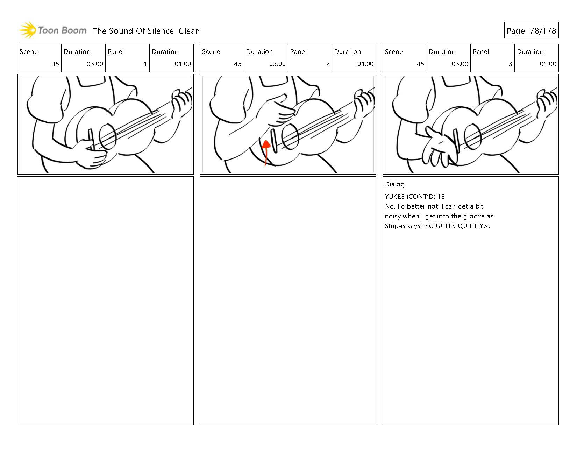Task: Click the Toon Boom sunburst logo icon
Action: pyautogui.click(x=28, y=30)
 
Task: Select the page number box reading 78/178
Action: pyautogui.click(x=531, y=30)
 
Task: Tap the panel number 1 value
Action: pyautogui.click(x=145, y=64)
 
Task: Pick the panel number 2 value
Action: pyautogui.click(x=328, y=64)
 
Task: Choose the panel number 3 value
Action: pyautogui.click(x=510, y=64)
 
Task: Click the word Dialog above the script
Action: pyautogui.click(x=394, y=184)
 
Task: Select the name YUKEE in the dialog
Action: pyautogui.click(x=395, y=197)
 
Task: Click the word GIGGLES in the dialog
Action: pyautogui.click(x=442, y=226)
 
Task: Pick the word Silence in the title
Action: pyautogui.click(x=160, y=31)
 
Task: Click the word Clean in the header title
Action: pyautogui.click(x=189, y=31)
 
